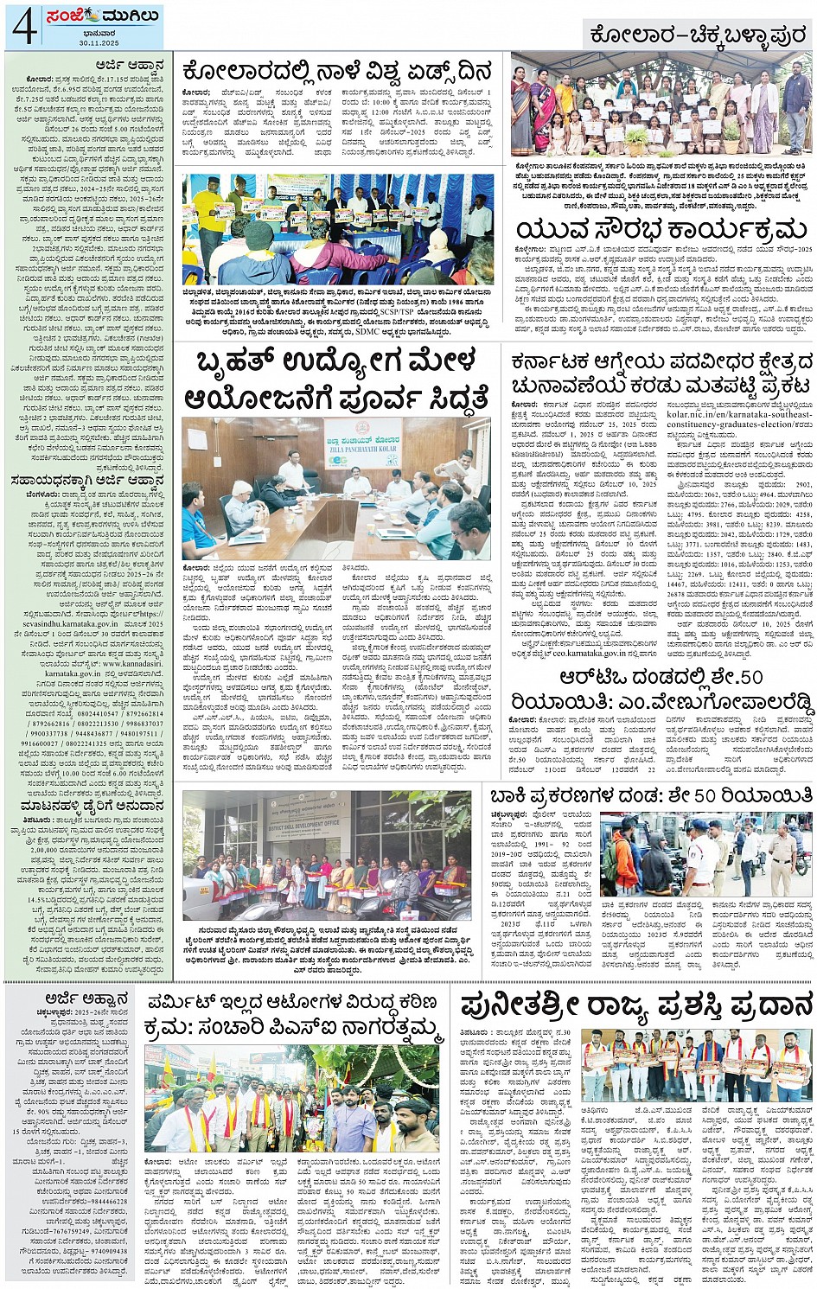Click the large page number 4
22,25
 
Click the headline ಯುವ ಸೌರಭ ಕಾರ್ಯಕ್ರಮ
661,231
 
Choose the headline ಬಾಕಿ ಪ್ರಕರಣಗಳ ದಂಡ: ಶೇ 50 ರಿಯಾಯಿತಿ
651,795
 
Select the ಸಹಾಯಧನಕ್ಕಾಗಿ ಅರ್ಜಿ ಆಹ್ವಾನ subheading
86,481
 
